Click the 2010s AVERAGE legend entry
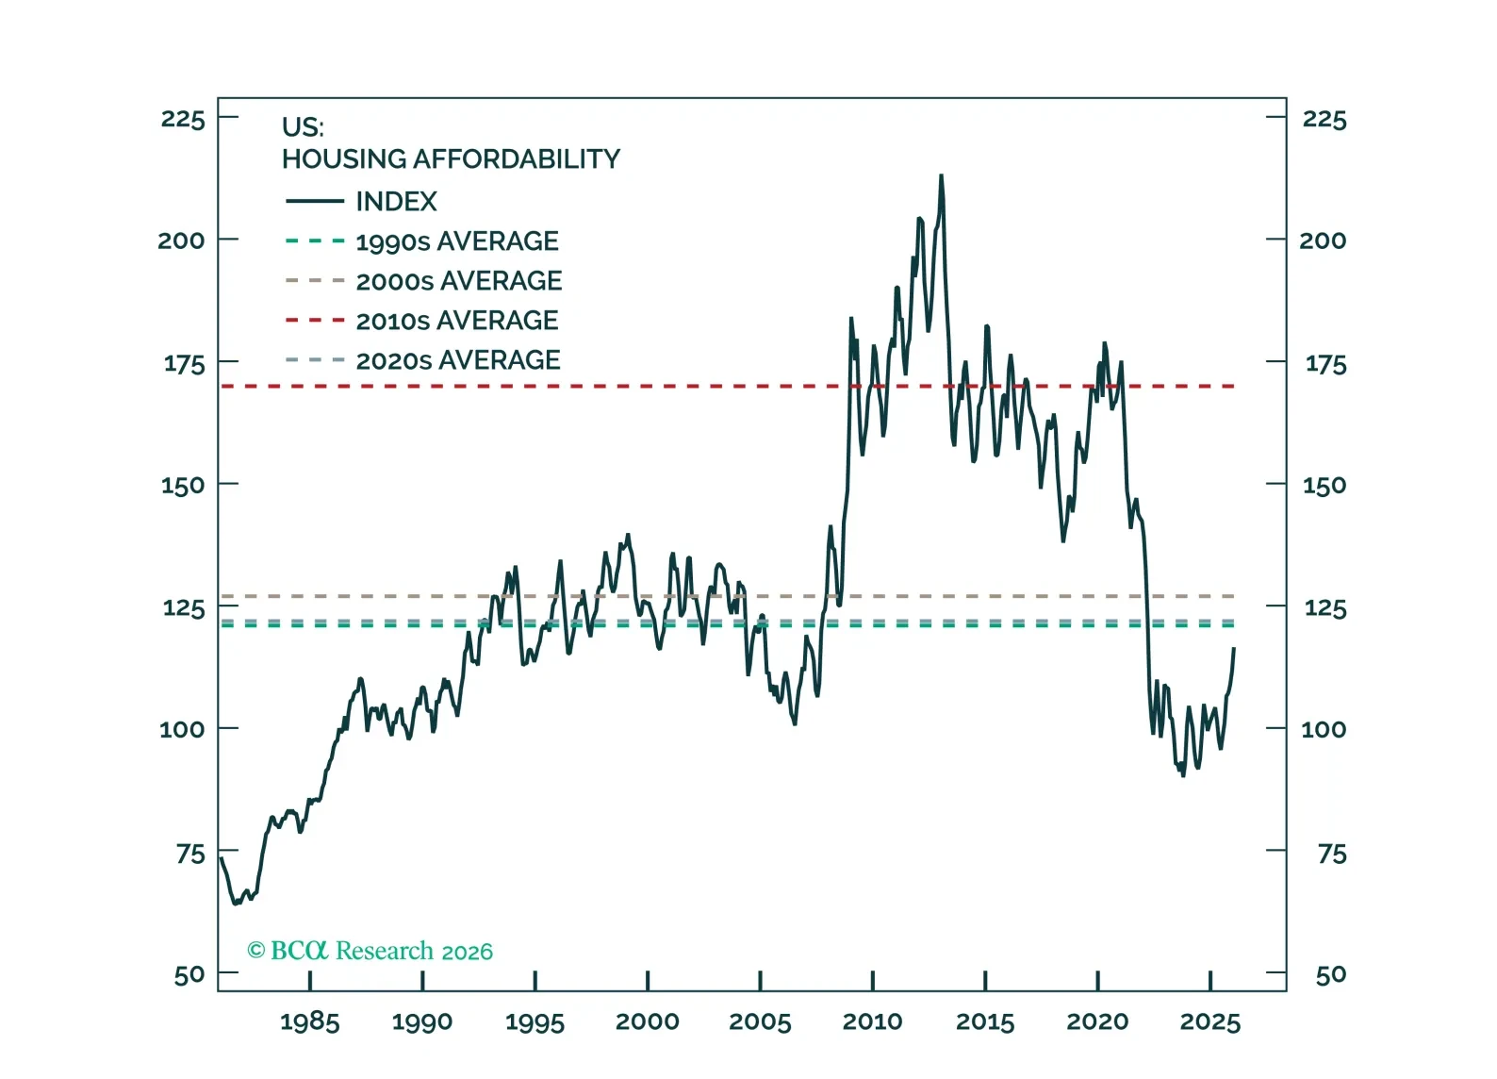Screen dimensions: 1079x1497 (x=456, y=321)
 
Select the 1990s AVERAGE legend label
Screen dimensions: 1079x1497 (x=456, y=241)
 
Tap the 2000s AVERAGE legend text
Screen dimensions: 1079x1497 (x=458, y=281)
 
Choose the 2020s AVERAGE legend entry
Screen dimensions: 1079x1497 (x=457, y=360)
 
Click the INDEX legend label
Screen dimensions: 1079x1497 (x=396, y=202)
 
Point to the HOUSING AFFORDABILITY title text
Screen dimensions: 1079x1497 (x=451, y=159)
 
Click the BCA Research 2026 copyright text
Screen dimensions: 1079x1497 (x=370, y=951)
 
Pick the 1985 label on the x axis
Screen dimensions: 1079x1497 (x=309, y=1021)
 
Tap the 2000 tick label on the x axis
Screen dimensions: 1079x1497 (x=647, y=1021)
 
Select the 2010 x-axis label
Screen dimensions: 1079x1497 (x=872, y=1021)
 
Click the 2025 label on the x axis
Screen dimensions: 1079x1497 (x=1209, y=1021)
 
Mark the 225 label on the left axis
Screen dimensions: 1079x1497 (x=183, y=119)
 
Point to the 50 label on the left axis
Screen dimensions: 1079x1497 (x=189, y=974)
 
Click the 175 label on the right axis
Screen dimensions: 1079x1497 (x=1324, y=364)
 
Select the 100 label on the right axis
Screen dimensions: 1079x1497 (x=1324, y=729)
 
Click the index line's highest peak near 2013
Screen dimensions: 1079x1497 (x=941, y=175)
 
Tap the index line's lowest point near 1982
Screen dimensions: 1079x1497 (x=235, y=904)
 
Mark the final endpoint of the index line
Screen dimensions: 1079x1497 (x=1234, y=648)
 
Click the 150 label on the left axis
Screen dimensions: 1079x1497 (x=183, y=486)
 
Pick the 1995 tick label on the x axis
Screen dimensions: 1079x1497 (x=535, y=1021)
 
